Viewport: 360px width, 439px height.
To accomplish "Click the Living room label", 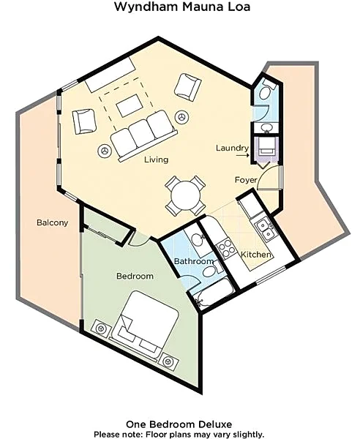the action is (156, 160).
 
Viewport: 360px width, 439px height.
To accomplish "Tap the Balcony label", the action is (53, 222).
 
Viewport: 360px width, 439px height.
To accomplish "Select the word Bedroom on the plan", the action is (135, 276).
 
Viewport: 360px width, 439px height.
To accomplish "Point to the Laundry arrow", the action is (242, 154).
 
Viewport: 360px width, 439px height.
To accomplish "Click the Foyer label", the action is (246, 180).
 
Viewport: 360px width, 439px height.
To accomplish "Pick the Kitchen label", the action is (256, 255).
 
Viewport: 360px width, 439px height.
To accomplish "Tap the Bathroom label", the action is (194, 261).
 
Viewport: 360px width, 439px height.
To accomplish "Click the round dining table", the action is (186, 195).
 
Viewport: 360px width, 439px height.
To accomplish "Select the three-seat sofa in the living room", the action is (144, 135).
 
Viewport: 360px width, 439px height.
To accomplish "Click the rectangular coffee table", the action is (129, 105).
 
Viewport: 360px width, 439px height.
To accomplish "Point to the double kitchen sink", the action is (265, 230).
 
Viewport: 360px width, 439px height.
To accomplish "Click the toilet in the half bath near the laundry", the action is (266, 89).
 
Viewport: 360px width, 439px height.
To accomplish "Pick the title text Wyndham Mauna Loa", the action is (182, 7).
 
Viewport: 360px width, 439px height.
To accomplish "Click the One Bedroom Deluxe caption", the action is (179, 424).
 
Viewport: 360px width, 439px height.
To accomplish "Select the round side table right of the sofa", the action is (182, 117).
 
